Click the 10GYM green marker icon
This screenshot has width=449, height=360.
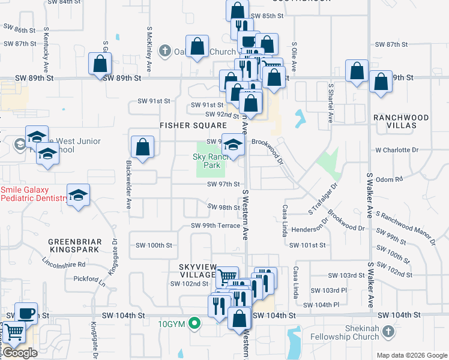point(194,325)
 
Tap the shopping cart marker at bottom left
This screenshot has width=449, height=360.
point(14,332)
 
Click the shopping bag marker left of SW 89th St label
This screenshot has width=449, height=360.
point(100,63)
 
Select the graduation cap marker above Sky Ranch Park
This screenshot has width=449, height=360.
point(234,143)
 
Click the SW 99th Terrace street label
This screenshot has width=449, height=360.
point(215,226)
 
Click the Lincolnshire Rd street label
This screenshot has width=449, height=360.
point(64,263)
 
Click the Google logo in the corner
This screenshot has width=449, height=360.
point(19,353)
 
